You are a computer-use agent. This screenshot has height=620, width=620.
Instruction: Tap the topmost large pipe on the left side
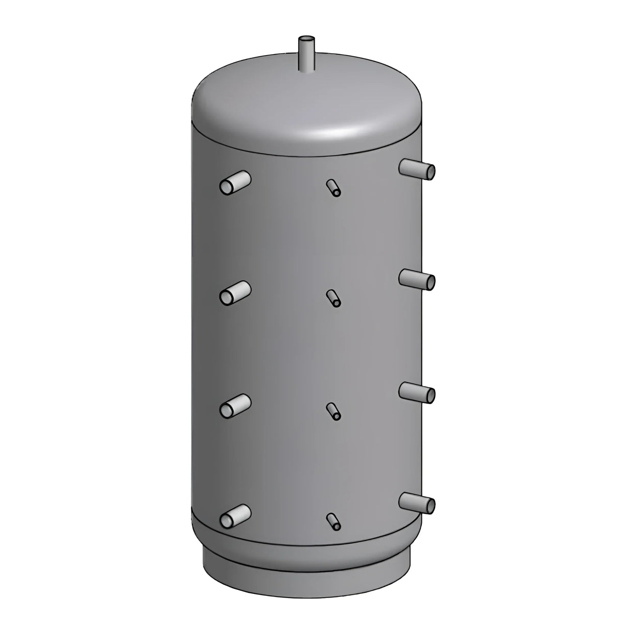coord(236,183)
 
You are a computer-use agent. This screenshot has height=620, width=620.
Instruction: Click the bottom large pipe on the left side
coord(236,515)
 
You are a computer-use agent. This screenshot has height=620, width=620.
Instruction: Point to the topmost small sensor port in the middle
coord(332,187)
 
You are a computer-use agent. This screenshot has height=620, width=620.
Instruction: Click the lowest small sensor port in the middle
coord(333,521)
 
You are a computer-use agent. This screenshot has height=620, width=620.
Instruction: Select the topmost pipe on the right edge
coord(416,168)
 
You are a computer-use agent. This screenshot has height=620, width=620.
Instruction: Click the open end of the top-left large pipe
coord(226,187)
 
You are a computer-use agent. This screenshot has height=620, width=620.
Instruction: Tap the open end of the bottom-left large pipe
coord(226,520)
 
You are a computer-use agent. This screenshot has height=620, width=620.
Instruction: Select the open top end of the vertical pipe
coord(306,39)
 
